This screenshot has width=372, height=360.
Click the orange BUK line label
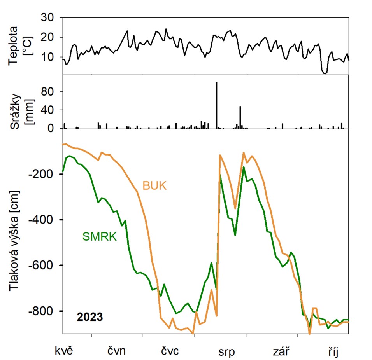pyautogui.click(x=154, y=186)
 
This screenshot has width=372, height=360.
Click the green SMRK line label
pyautogui.click(x=99, y=236)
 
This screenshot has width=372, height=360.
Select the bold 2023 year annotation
pyautogui.click(x=90, y=317)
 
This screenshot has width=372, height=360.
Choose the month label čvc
pyautogui.click(x=170, y=352)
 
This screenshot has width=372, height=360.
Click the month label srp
pyautogui.click(x=226, y=352)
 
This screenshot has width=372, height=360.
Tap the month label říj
pyautogui.click(x=332, y=352)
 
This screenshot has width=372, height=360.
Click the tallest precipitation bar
pyautogui.click(x=216, y=105)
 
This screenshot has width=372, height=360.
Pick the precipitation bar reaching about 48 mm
pyautogui.click(x=240, y=117)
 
